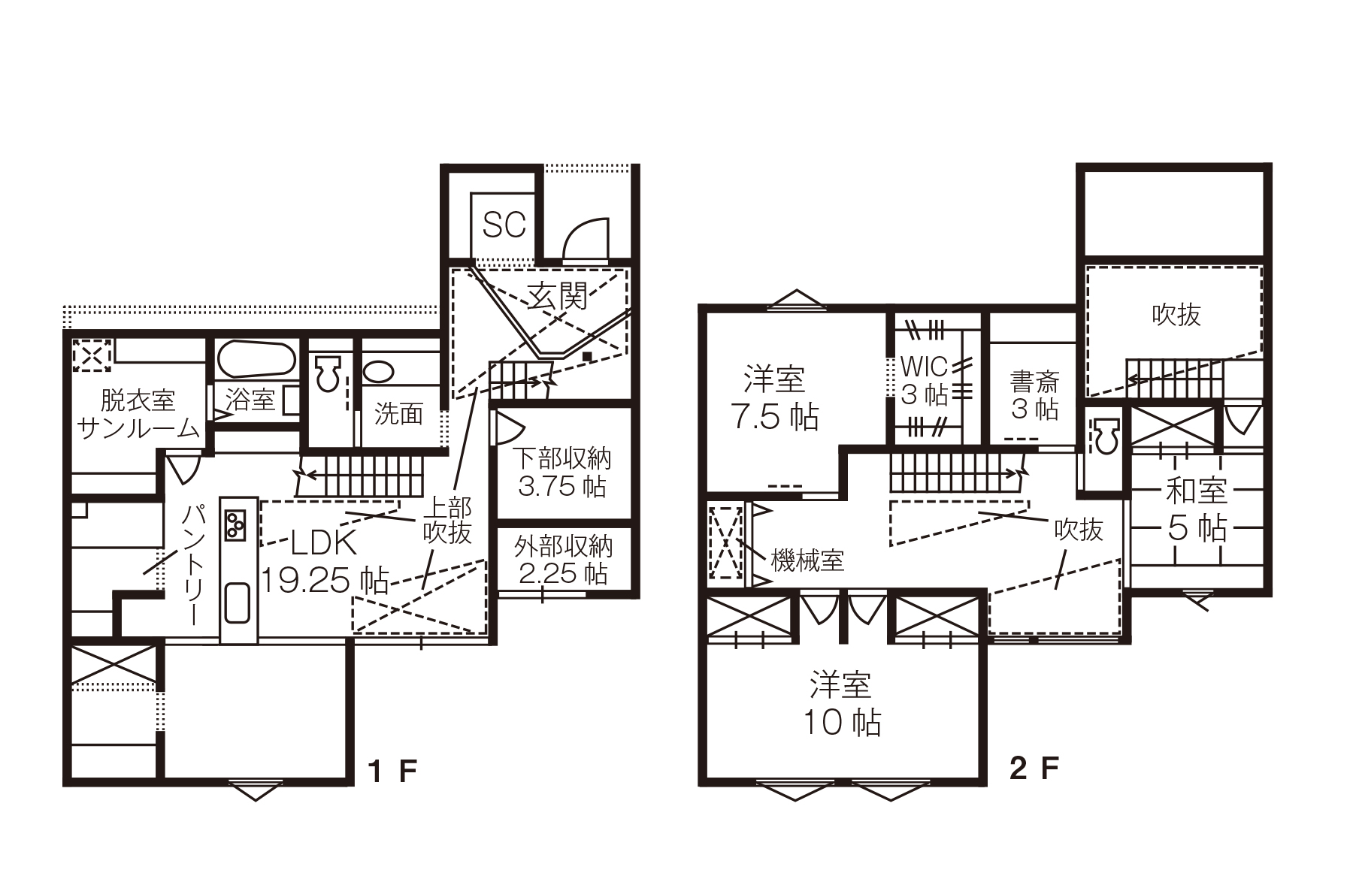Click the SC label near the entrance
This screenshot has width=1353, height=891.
pos(504,225)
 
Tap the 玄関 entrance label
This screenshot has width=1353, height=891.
pos(557,298)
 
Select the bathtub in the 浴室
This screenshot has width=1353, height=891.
pos(255,360)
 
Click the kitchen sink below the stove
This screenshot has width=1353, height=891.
pos(238,603)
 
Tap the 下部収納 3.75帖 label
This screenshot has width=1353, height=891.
pos(562,472)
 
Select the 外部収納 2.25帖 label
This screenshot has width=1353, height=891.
pos(563,560)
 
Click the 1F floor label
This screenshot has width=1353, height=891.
pos(392,771)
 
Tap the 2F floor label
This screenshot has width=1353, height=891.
pos(1034,769)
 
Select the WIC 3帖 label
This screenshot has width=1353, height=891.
pos(924,381)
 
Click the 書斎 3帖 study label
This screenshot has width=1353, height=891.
pos(1034,395)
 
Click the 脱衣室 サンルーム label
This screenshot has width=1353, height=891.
pos(138,414)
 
